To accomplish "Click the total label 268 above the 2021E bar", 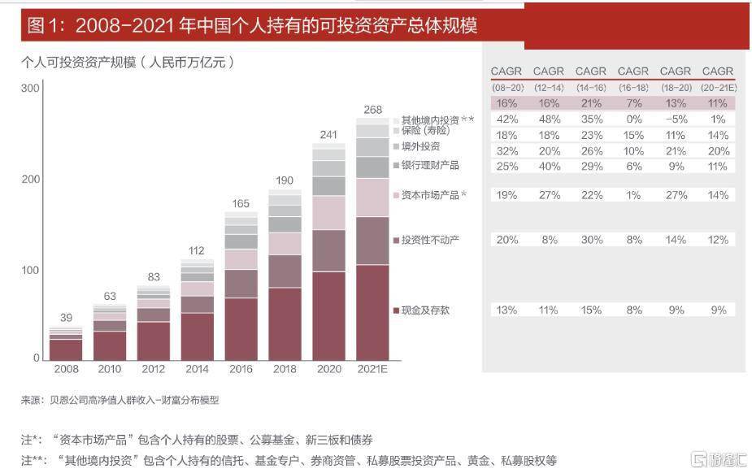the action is click(372, 110).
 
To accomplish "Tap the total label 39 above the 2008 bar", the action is click(66, 318).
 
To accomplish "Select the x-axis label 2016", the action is click(241, 369).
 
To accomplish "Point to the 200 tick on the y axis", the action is click(30, 180).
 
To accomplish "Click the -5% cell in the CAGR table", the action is click(676, 119).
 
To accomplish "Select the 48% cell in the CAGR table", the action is click(549, 119).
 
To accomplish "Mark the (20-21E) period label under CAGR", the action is click(718, 88).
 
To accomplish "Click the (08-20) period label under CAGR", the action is click(507, 88).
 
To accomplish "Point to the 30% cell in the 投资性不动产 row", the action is click(592, 240).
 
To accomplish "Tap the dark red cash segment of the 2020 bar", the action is click(328, 316).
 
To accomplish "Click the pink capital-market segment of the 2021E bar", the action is click(372, 197).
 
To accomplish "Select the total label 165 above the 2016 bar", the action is click(241, 204).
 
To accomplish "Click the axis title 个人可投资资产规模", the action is click(79, 63).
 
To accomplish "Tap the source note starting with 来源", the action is click(120, 400).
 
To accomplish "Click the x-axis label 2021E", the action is click(372, 369).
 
